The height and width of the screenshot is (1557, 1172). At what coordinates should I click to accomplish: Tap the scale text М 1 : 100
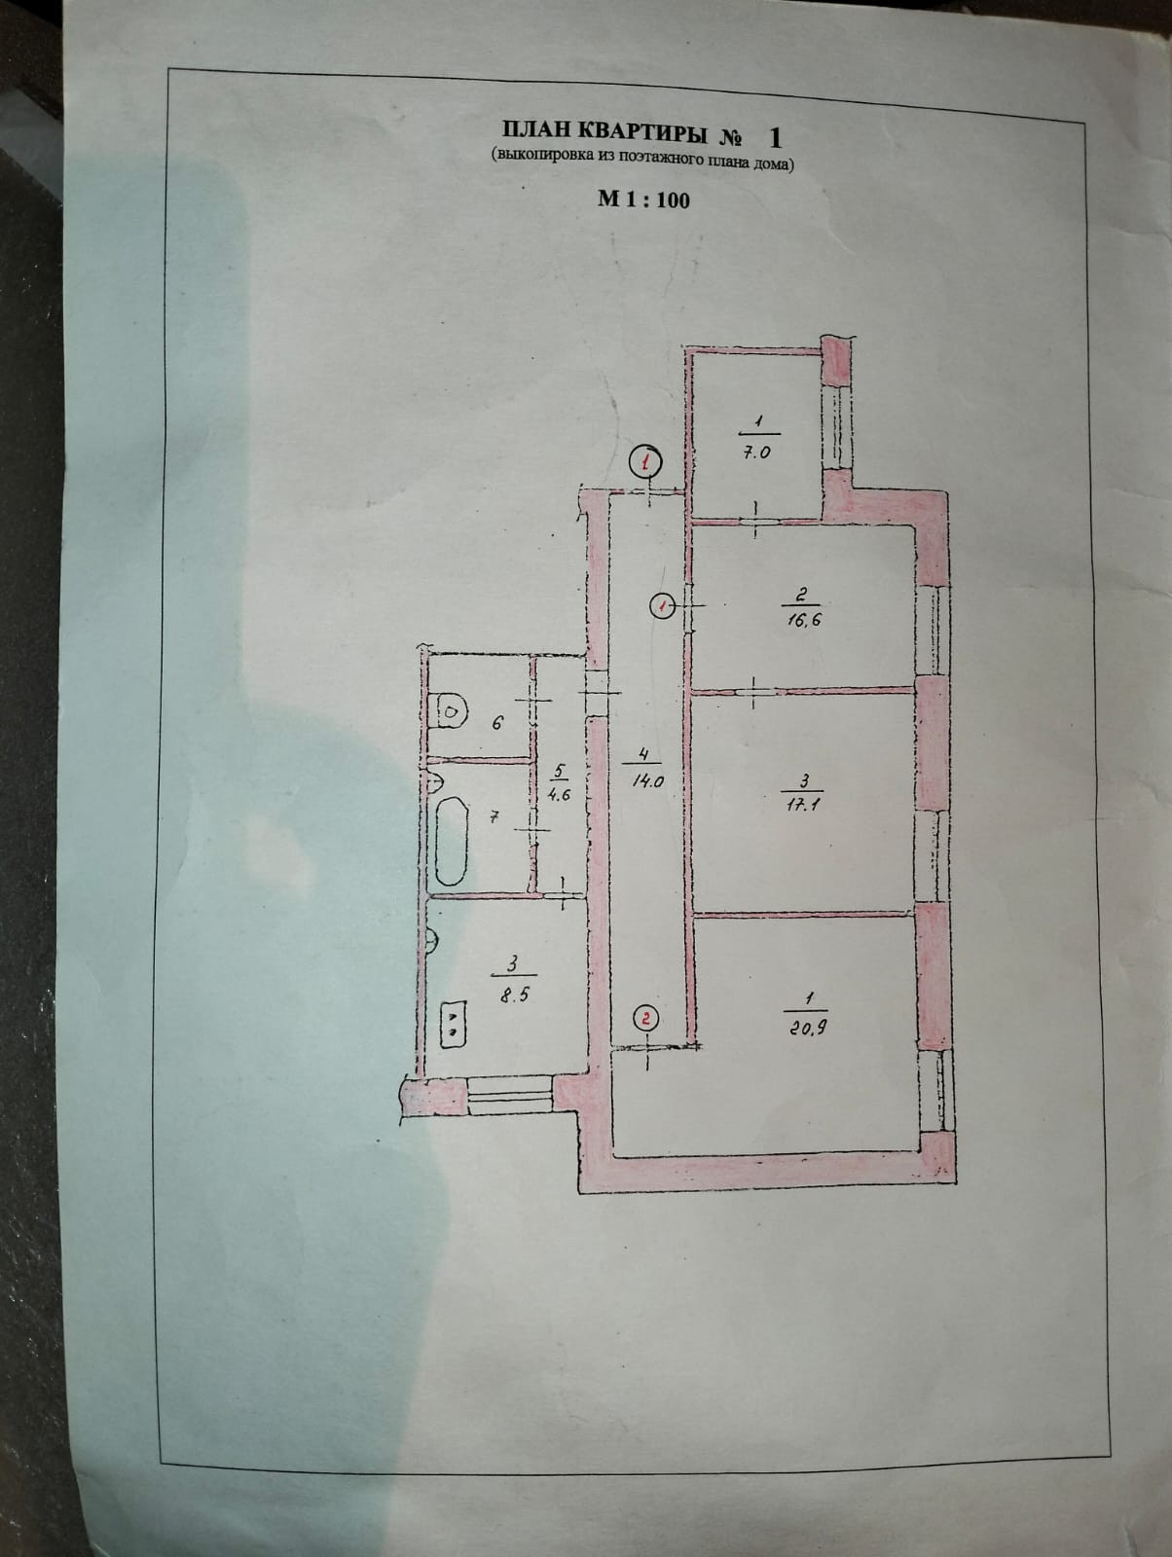[x=643, y=199]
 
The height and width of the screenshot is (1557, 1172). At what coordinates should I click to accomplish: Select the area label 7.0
[x=758, y=452]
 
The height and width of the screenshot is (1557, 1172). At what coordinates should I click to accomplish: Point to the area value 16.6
[x=796, y=620]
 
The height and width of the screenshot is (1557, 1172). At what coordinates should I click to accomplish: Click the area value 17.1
[x=803, y=805]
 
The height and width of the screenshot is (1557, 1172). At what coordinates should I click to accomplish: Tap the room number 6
[x=497, y=723]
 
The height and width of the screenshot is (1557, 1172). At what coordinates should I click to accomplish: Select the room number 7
[x=494, y=818]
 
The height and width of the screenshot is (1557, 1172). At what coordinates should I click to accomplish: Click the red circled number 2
[x=645, y=1018]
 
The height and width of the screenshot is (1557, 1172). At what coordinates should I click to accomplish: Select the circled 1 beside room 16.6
[x=661, y=606]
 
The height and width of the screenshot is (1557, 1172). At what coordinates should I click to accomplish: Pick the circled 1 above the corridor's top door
[x=645, y=461]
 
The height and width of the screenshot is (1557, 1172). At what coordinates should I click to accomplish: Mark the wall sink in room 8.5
[x=434, y=941]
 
